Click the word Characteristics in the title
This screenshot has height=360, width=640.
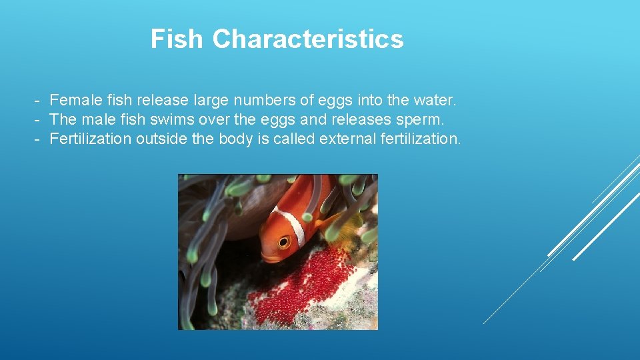308,39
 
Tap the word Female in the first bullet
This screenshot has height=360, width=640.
73,101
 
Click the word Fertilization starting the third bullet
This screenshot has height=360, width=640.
90,139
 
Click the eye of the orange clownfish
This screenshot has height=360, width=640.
284,241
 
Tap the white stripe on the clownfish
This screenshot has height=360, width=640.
295,227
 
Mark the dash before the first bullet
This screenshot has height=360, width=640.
38,101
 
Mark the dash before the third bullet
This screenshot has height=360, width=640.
38,139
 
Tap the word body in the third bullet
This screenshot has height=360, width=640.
234,139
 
